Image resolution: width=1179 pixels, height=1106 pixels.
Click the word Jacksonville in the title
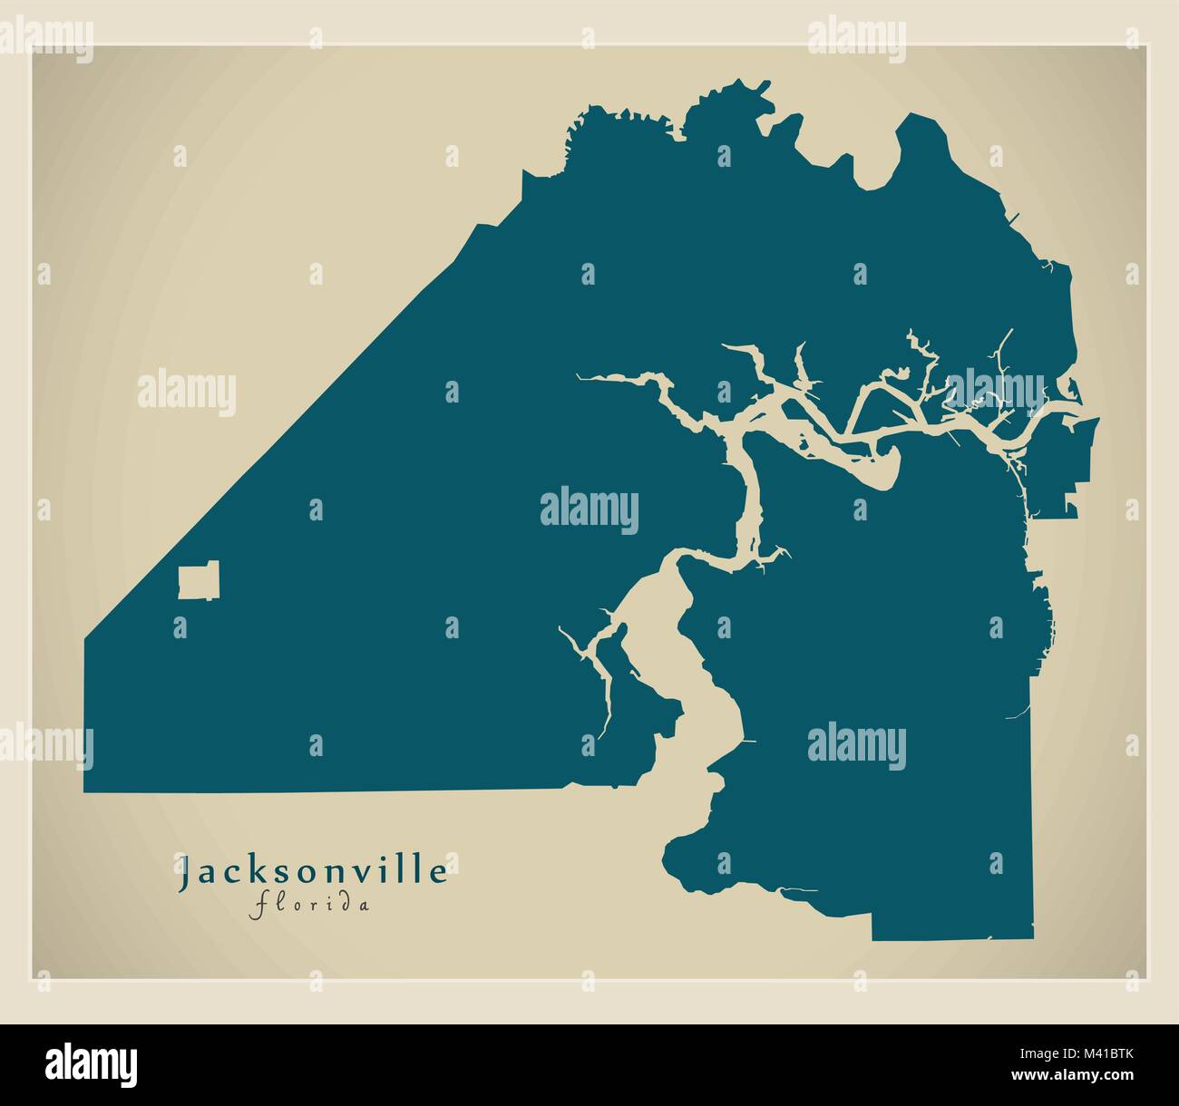(x=314, y=872)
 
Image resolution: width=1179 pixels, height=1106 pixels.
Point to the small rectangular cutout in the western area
(x=199, y=581)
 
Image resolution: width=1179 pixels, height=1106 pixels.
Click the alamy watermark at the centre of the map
(x=589, y=508)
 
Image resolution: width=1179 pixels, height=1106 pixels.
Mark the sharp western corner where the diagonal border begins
(x=85, y=640)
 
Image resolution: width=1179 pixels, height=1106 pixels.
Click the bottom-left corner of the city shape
(x=85, y=791)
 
